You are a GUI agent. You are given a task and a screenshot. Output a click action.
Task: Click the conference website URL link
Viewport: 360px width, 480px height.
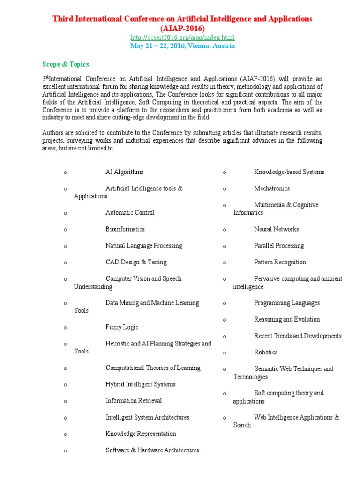point(182,37)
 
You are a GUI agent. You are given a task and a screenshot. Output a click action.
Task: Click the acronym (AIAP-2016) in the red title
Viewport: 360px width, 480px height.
point(182,28)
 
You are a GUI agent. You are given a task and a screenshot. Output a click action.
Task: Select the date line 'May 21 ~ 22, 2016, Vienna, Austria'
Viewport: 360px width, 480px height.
point(182,46)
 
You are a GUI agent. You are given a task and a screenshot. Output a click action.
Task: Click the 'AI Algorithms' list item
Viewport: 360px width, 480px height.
point(124,172)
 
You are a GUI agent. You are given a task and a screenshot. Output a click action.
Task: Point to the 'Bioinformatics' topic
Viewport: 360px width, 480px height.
point(125,229)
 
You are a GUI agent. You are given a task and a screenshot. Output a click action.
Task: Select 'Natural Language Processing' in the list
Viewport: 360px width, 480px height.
point(143,246)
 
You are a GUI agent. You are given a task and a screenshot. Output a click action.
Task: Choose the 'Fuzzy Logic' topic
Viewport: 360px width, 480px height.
point(122,327)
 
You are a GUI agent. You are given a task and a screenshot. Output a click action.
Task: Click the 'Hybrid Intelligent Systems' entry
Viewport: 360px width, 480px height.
point(141,384)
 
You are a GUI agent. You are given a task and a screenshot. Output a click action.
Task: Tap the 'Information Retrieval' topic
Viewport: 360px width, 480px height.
point(134,401)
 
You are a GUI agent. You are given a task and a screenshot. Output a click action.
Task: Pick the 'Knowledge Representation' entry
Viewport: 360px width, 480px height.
point(141,434)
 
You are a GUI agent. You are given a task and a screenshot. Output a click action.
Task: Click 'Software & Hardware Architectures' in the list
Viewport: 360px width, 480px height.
point(152,450)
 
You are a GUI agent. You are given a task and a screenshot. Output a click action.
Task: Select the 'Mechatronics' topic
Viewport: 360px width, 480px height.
point(272,188)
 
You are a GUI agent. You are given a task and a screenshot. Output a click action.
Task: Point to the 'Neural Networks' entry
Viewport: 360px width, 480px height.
point(276,229)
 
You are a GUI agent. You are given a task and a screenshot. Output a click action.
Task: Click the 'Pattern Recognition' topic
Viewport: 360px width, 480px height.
point(280,262)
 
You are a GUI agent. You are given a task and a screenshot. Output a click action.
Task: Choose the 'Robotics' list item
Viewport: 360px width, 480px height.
point(266,352)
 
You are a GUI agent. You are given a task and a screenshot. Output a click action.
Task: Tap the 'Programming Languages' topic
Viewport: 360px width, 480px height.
point(287,303)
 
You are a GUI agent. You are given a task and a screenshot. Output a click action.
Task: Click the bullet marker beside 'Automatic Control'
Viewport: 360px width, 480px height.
point(66,213)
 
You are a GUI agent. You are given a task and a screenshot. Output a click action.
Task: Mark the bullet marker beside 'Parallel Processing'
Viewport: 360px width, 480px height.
point(225,246)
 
